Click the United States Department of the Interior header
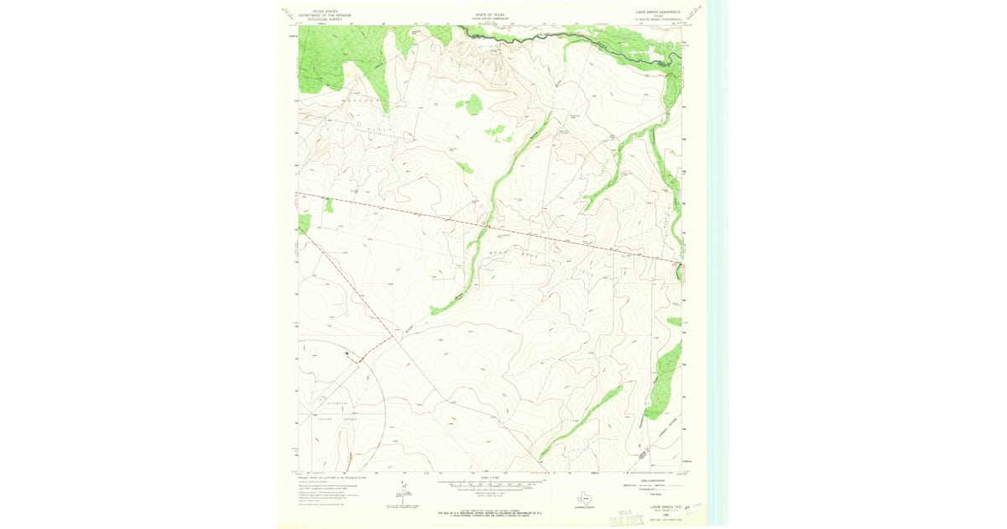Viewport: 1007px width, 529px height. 320,15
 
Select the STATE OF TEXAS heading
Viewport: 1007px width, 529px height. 493,14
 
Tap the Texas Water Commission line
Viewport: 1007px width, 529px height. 493,18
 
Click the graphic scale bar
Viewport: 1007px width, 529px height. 493,484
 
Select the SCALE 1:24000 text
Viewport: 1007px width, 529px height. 493,479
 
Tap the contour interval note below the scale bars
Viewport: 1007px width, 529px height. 493,494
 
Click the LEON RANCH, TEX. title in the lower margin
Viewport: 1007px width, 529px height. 660,506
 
